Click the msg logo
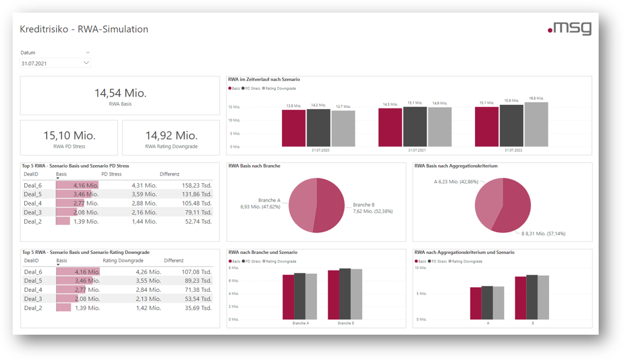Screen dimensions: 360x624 coord(569,28)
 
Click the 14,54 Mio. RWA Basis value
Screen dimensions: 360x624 coord(120,93)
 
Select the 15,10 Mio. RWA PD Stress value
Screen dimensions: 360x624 coord(69,136)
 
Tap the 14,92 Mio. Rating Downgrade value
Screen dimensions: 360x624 coord(171,136)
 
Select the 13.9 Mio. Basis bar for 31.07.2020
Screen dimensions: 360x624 coord(294,128)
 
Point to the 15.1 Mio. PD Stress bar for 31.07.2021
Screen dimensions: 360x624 coord(415,127)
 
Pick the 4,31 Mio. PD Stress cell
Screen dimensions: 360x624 coord(144,186)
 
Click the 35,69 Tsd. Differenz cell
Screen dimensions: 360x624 coord(199,308)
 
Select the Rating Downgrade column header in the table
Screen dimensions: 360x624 coord(123,261)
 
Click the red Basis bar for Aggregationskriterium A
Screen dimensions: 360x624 coord(476,303)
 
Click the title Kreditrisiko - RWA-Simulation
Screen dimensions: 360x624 coord(84,29)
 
